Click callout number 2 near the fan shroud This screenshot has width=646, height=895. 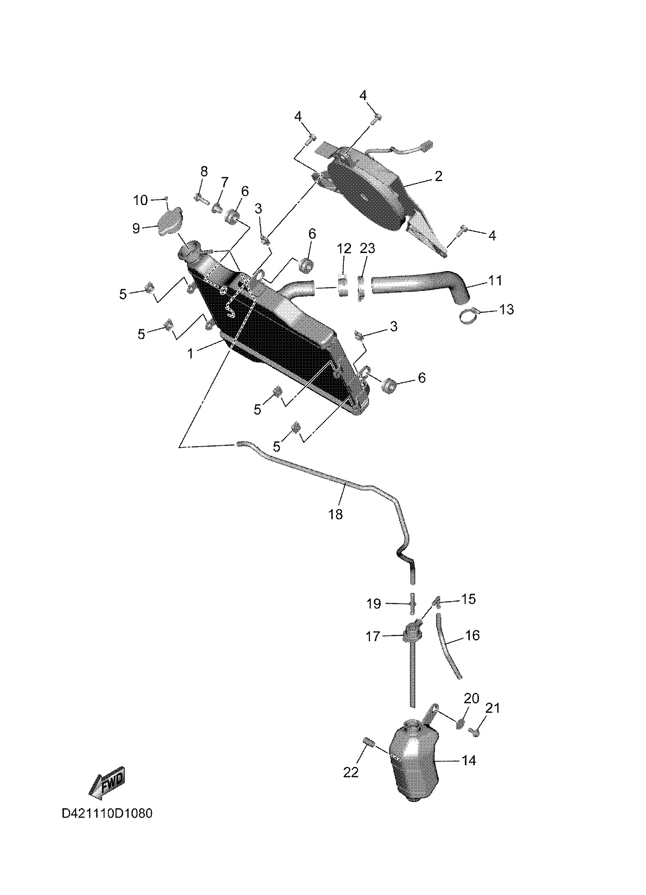(x=438, y=176)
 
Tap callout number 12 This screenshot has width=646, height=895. (x=344, y=248)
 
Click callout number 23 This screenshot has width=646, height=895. (x=367, y=248)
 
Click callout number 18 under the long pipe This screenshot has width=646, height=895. (x=335, y=514)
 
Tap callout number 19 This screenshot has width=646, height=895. (x=374, y=604)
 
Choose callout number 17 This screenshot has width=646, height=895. (x=373, y=636)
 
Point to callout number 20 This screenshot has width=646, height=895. (x=471, y=698)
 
